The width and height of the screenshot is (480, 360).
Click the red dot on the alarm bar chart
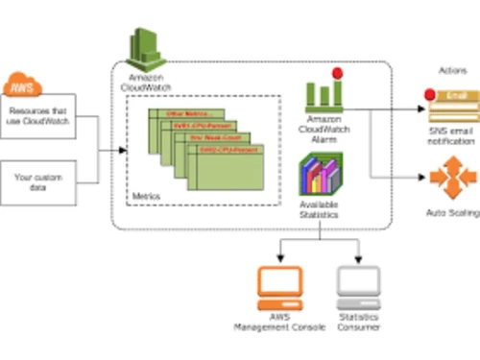pyautogui.click(x=337, y=74)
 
